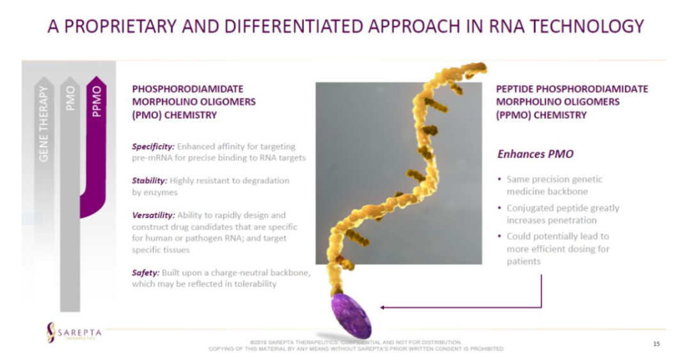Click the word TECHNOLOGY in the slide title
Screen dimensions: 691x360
point(587,26)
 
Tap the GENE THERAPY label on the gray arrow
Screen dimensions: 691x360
point(44,124)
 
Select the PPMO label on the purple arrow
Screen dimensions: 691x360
point(97,101)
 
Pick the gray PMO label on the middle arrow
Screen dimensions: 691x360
point(70,98)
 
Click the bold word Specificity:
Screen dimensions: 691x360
point(154,146)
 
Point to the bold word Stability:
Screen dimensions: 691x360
point(149,181)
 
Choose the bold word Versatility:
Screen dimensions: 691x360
point(154,215)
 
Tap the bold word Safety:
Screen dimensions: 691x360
point(145,273)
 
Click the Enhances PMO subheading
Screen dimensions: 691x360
point(536,154)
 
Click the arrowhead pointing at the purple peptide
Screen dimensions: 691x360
point(383,307)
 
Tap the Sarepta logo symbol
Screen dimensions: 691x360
point(51,333)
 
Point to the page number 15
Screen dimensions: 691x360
point(656,344)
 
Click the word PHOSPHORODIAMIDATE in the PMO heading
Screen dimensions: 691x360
point(187,89)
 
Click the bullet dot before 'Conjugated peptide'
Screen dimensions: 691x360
point(499,208)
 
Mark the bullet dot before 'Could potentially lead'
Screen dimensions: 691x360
point(499,236)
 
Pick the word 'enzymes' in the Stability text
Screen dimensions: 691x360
point(159,192)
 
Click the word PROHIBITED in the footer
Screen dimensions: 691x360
point(487,349)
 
